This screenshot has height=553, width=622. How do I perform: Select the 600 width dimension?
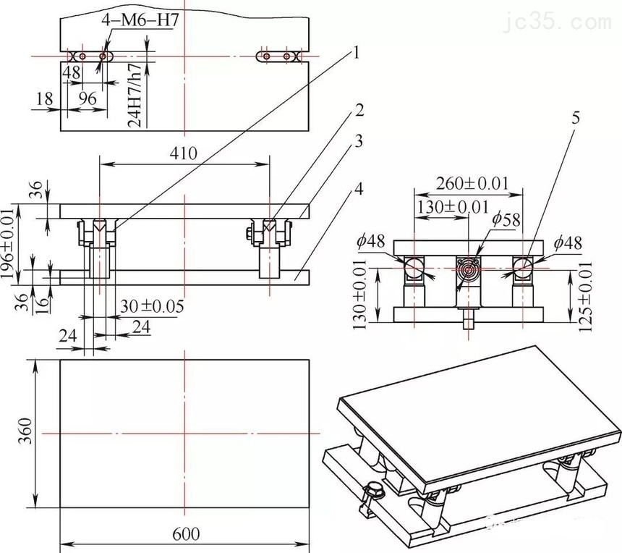(186, 533)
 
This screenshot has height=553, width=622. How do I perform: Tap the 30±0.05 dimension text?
(150, 306)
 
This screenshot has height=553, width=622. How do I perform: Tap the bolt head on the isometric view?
(373, 492)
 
